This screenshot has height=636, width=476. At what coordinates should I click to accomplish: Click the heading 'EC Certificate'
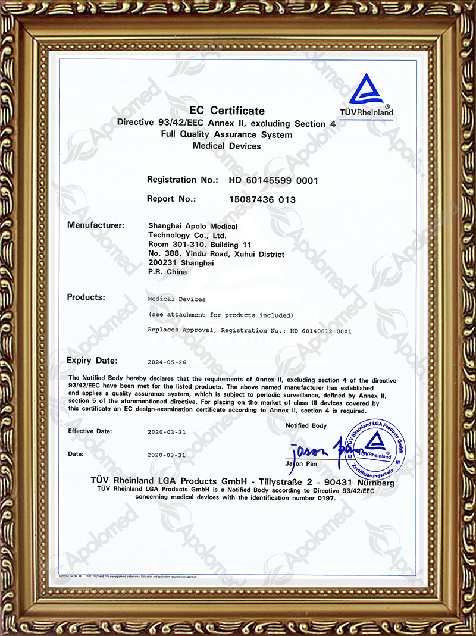click(227, 111)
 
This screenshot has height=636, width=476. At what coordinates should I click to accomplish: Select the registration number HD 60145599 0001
click(265, 180)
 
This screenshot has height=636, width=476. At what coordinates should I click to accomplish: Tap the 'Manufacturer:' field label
click(96, 225)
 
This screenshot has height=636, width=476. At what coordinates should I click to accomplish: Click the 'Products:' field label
click(86, 297)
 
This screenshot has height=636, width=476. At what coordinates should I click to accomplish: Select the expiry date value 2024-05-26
click(167, 362)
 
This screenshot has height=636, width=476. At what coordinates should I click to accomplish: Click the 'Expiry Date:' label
click(92, 361)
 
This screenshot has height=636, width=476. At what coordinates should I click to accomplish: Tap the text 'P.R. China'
click(167, 272)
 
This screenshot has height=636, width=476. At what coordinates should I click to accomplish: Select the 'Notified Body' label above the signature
click(306, 425)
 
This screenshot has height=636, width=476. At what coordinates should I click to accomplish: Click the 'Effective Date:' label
click(89, 431)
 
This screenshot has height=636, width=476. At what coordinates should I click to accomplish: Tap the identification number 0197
click(326, 498)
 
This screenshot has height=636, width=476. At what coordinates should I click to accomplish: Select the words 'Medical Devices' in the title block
click(227, 146)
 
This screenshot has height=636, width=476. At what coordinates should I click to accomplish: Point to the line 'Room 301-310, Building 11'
click(200, 245)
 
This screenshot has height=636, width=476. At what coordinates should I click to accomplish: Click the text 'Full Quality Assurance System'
click(227, 135)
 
